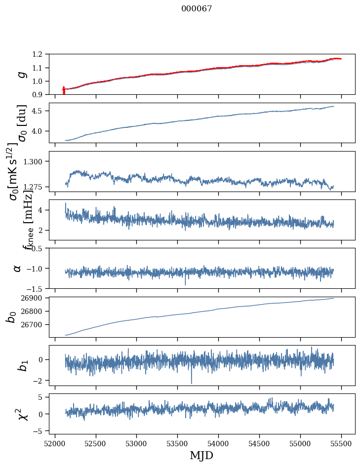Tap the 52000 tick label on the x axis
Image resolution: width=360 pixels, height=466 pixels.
point(55,442)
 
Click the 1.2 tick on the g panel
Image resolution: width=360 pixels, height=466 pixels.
point(40,54)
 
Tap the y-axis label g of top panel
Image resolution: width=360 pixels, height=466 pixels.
point(21,75)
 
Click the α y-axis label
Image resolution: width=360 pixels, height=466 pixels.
point(17,268)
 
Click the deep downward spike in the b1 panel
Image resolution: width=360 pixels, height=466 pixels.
point(192,382)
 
